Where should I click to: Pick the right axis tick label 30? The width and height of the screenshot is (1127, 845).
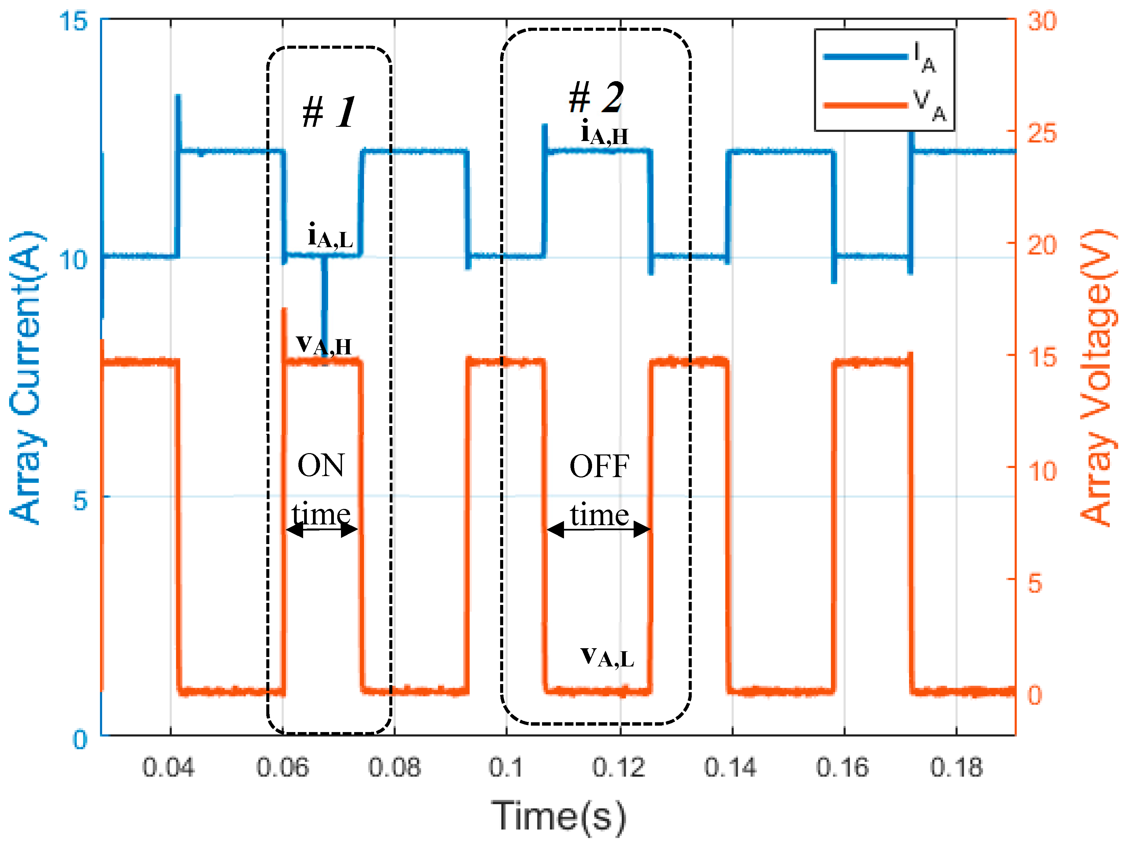pos(1042,21)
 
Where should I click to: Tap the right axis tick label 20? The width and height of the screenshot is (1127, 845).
pos(1042,245)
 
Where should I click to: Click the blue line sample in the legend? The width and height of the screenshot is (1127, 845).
pos(865,56)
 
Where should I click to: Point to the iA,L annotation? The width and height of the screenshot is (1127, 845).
pos(330,235)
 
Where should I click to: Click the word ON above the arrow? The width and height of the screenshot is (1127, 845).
pos(321,465)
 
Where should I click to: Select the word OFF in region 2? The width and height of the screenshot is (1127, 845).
pos(599,466)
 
